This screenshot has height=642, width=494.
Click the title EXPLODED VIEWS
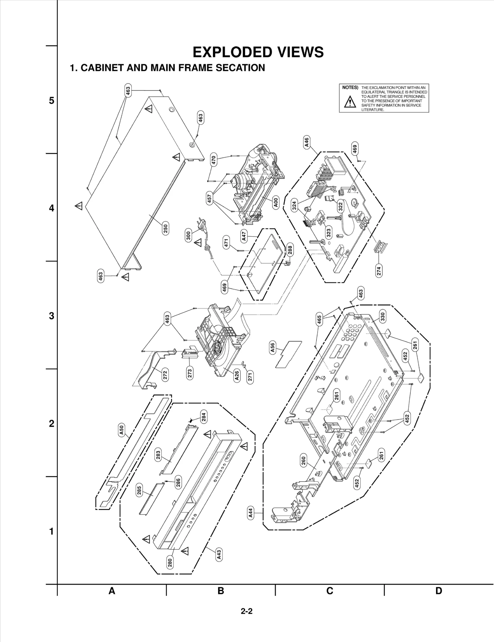pos(258,52)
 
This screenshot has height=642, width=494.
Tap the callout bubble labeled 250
pos(165,229)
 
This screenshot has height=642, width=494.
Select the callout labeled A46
pos(306,142)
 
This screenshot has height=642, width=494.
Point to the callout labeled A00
pos(276,203)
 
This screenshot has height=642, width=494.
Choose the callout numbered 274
pos(379,270)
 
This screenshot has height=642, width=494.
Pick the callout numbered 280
pos(170,563)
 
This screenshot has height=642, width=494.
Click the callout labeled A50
pos(121,430)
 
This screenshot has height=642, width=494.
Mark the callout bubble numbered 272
pos(165,375)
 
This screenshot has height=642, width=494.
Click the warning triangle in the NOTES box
pos(350,102)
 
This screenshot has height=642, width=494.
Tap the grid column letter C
pos(330,591)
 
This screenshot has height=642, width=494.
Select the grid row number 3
pos(52,316)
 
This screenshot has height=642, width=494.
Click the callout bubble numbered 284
pos(203,417)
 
